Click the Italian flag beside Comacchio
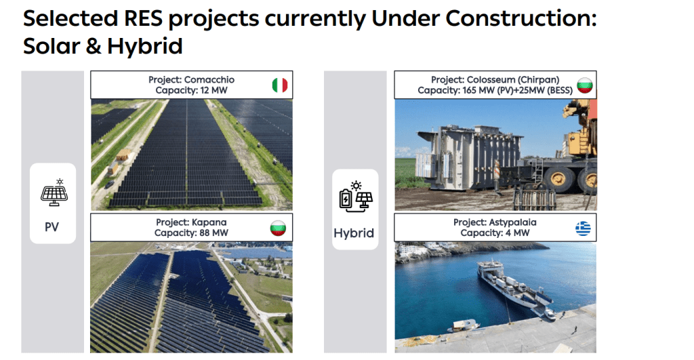click(x=280, y=85)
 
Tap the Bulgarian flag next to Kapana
click(x=278, y=228)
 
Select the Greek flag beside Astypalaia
click(x=583, y=228)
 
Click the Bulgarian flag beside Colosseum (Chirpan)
click(x=585, y=85)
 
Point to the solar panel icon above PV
click(x=54, y=193)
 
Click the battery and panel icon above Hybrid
click(x=356, y=196)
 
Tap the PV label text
click(x=52, y=227)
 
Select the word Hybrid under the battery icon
click(x=354, y=233)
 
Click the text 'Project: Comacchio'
click(x=191, y=80)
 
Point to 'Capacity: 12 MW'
click(x=191, y=90)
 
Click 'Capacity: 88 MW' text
click(x=191, y=233)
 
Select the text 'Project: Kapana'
click(x=191, y=222)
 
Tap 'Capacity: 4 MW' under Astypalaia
click(x=495, y=233)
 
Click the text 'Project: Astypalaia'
click(x=495, y=222)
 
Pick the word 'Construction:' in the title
click(x=521, y=18)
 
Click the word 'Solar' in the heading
click(x=52, y=46)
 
